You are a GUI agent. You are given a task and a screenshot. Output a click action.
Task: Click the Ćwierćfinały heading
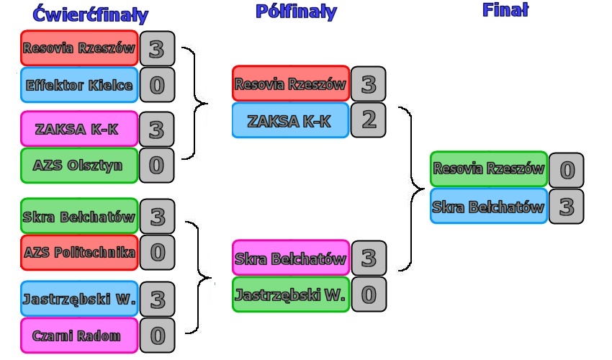click(x=91, y=15)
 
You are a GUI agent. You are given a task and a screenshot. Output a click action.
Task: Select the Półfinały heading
click(x=295, y=12)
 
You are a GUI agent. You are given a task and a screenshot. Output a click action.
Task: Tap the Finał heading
click(x=505, y=9)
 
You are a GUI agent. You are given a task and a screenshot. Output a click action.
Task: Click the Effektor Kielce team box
click(x=79, y=86)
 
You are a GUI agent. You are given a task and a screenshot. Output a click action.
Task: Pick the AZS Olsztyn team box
click(x=79, y=166)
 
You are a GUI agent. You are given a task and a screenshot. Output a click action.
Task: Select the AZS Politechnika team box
click(x=79, y=253)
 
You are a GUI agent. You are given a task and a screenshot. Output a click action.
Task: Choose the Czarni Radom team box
click(x=79, y=336)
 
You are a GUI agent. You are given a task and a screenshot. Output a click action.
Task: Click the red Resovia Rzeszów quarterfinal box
click(x=79, y=48)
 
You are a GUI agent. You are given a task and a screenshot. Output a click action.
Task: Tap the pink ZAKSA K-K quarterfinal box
click(x=79, y=130)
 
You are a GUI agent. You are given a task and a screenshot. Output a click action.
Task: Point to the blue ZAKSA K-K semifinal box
click(x=290, y=121)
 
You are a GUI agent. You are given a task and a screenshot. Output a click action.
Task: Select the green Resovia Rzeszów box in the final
click(x=488, y=170)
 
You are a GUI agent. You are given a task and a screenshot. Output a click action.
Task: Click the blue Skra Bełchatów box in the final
click(x=488, y=207)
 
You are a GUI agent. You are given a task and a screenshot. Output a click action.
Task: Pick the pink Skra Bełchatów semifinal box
click(x=290, y=258)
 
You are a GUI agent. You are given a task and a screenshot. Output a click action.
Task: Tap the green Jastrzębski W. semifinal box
click(x=290, y=294)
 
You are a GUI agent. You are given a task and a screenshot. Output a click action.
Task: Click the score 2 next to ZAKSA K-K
click(x=369, y=120)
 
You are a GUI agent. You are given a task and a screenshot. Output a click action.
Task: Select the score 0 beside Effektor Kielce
click(x=157, y=86)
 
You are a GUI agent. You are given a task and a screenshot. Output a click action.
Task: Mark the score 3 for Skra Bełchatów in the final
click(x=566, y=207)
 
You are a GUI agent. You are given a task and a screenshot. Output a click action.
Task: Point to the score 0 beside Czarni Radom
click(x=157, y=336)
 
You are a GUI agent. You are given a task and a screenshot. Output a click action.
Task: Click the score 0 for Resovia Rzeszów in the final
click(x=566, y=171)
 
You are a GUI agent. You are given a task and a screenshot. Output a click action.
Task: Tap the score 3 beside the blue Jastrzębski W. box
click(x=157, y=299)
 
